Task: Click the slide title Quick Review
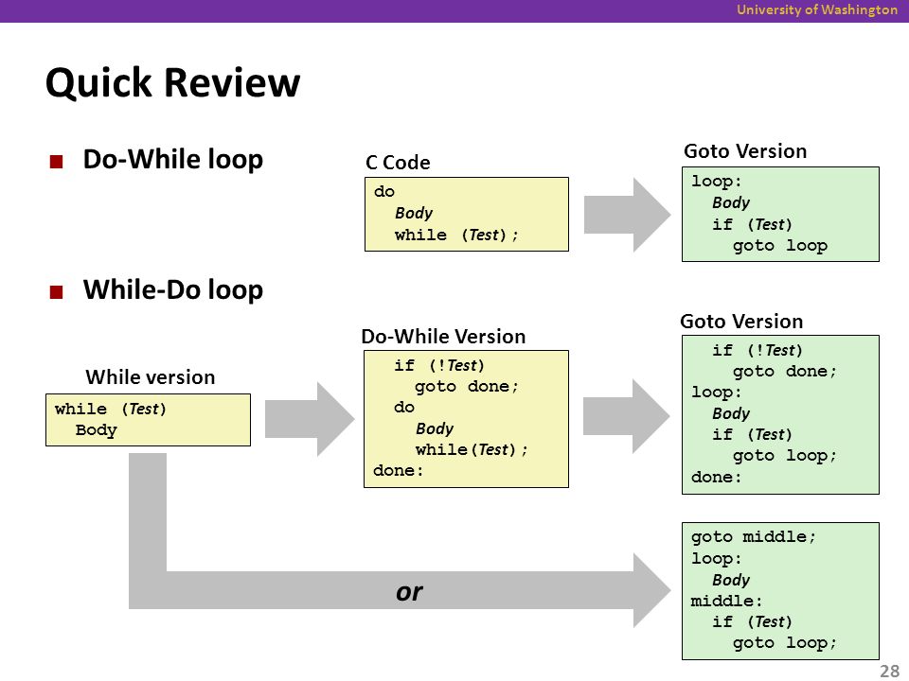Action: (172, 83)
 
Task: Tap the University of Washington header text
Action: (817, 9)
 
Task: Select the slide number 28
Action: (889, 671)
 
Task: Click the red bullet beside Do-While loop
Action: (56, 161)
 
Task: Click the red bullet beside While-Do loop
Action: (56, 292)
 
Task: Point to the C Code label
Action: (398, 163)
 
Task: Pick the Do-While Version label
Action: (443, 337)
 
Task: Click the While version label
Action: (151, 377)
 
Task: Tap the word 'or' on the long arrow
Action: (409, 592)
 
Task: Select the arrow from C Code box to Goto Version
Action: (627, 215)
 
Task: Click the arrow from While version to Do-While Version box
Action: (310, 419)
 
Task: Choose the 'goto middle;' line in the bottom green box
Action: (753, 537)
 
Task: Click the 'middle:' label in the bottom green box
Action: (726, 602)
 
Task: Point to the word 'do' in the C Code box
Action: (384, 192)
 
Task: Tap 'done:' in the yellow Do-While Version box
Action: (399, 471)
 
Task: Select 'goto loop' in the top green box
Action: (779, 246)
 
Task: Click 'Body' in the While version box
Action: (97, 430)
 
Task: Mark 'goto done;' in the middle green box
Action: (785, 371)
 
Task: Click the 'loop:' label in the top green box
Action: (717, 182)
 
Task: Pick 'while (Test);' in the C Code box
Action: (456, 236)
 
